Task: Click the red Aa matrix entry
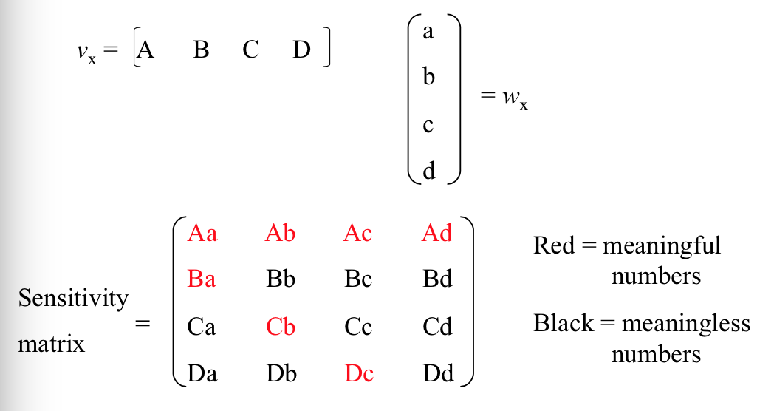click(202, 234)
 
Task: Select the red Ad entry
click(436, 234)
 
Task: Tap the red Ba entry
click(202, 279)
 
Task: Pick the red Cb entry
click(280, 326)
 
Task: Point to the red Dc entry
click(359, 373)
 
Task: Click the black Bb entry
click(280, 279)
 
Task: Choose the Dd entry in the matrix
click(437, 373)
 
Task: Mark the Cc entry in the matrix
click(358, 326)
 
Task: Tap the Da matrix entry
click(202, 373)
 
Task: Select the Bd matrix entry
click(437, 279)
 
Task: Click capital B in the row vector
click(201, 50)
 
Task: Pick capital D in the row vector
click(301, 50)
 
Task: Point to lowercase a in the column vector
click(428, 33)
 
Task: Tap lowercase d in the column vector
click(428, 171)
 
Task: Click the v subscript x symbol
click(86, 53)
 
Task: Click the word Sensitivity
click(73, 299)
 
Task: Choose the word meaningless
click(686, 324)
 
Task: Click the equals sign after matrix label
click(143, 324)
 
